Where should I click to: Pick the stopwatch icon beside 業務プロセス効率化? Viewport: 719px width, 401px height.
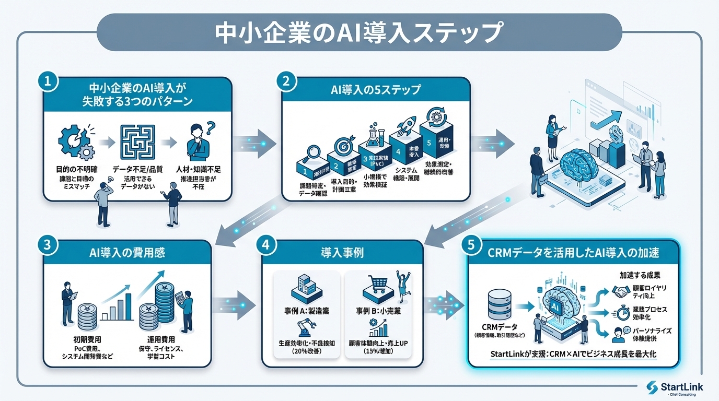coord(621,313)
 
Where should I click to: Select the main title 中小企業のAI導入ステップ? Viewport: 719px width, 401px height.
coord(359,32)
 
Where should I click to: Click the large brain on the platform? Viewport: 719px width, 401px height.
coord(583,166)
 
